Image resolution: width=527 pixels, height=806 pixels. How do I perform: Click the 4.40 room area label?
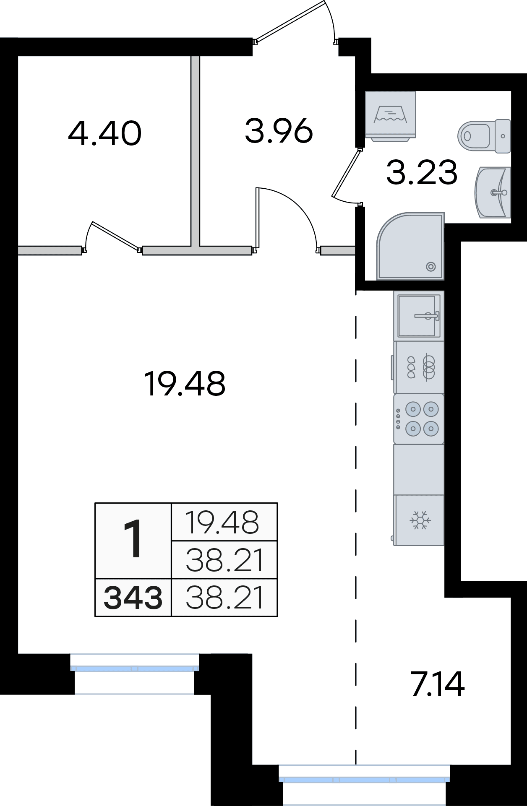pyautogui.click(x=104, y=133)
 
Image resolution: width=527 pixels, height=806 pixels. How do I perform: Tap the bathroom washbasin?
pyautogui.click(x=493, y=192)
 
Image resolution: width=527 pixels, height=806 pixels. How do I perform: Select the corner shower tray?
pyautogui.click(x=411, y=246)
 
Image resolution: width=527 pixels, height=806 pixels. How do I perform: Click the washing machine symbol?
pyautogui.click(x=391, y=114)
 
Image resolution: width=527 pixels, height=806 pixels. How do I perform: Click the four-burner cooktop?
pyautogui.click(x=419, y=419)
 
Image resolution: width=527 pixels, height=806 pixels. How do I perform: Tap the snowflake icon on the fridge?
pyautogui.click(x=420, y=520)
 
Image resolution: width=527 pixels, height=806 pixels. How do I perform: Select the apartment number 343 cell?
pyautogui.click(x=133, y=598)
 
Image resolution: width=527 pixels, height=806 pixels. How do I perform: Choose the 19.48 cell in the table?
pyautogui.click(x=224, y=522)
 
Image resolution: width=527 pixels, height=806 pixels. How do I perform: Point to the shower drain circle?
pyautogui.click(x=430, y=266)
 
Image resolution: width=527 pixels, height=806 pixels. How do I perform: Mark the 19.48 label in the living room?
pyautogui.click(x=185, y=383)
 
